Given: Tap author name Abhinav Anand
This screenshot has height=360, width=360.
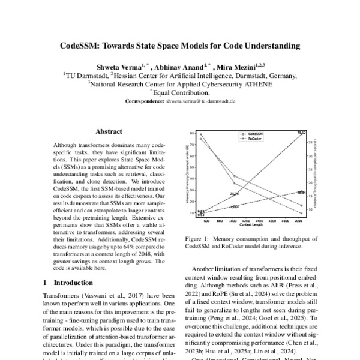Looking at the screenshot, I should (177, 67).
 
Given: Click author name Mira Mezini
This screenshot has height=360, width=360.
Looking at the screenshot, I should (235, 67).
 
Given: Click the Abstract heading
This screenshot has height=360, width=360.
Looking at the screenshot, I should (109, 131).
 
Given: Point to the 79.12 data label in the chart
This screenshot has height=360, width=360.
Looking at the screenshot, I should (302, 132).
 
